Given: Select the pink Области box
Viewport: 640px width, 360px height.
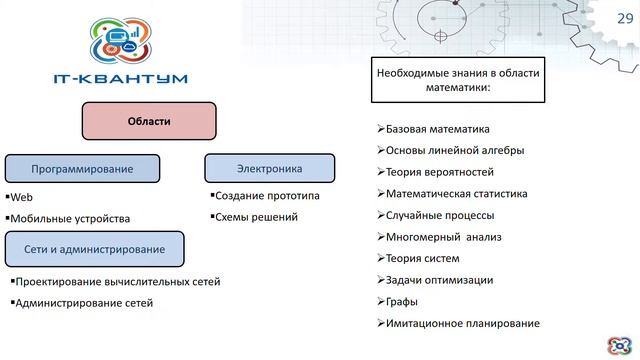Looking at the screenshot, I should pos(149,123).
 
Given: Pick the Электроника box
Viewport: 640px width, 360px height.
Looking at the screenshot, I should pos(269,168).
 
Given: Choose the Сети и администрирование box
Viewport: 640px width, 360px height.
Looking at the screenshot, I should pos(97,247).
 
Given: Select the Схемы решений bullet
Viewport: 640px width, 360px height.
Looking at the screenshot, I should pos(256,217).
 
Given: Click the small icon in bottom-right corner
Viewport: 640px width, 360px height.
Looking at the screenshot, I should pos(620,344).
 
